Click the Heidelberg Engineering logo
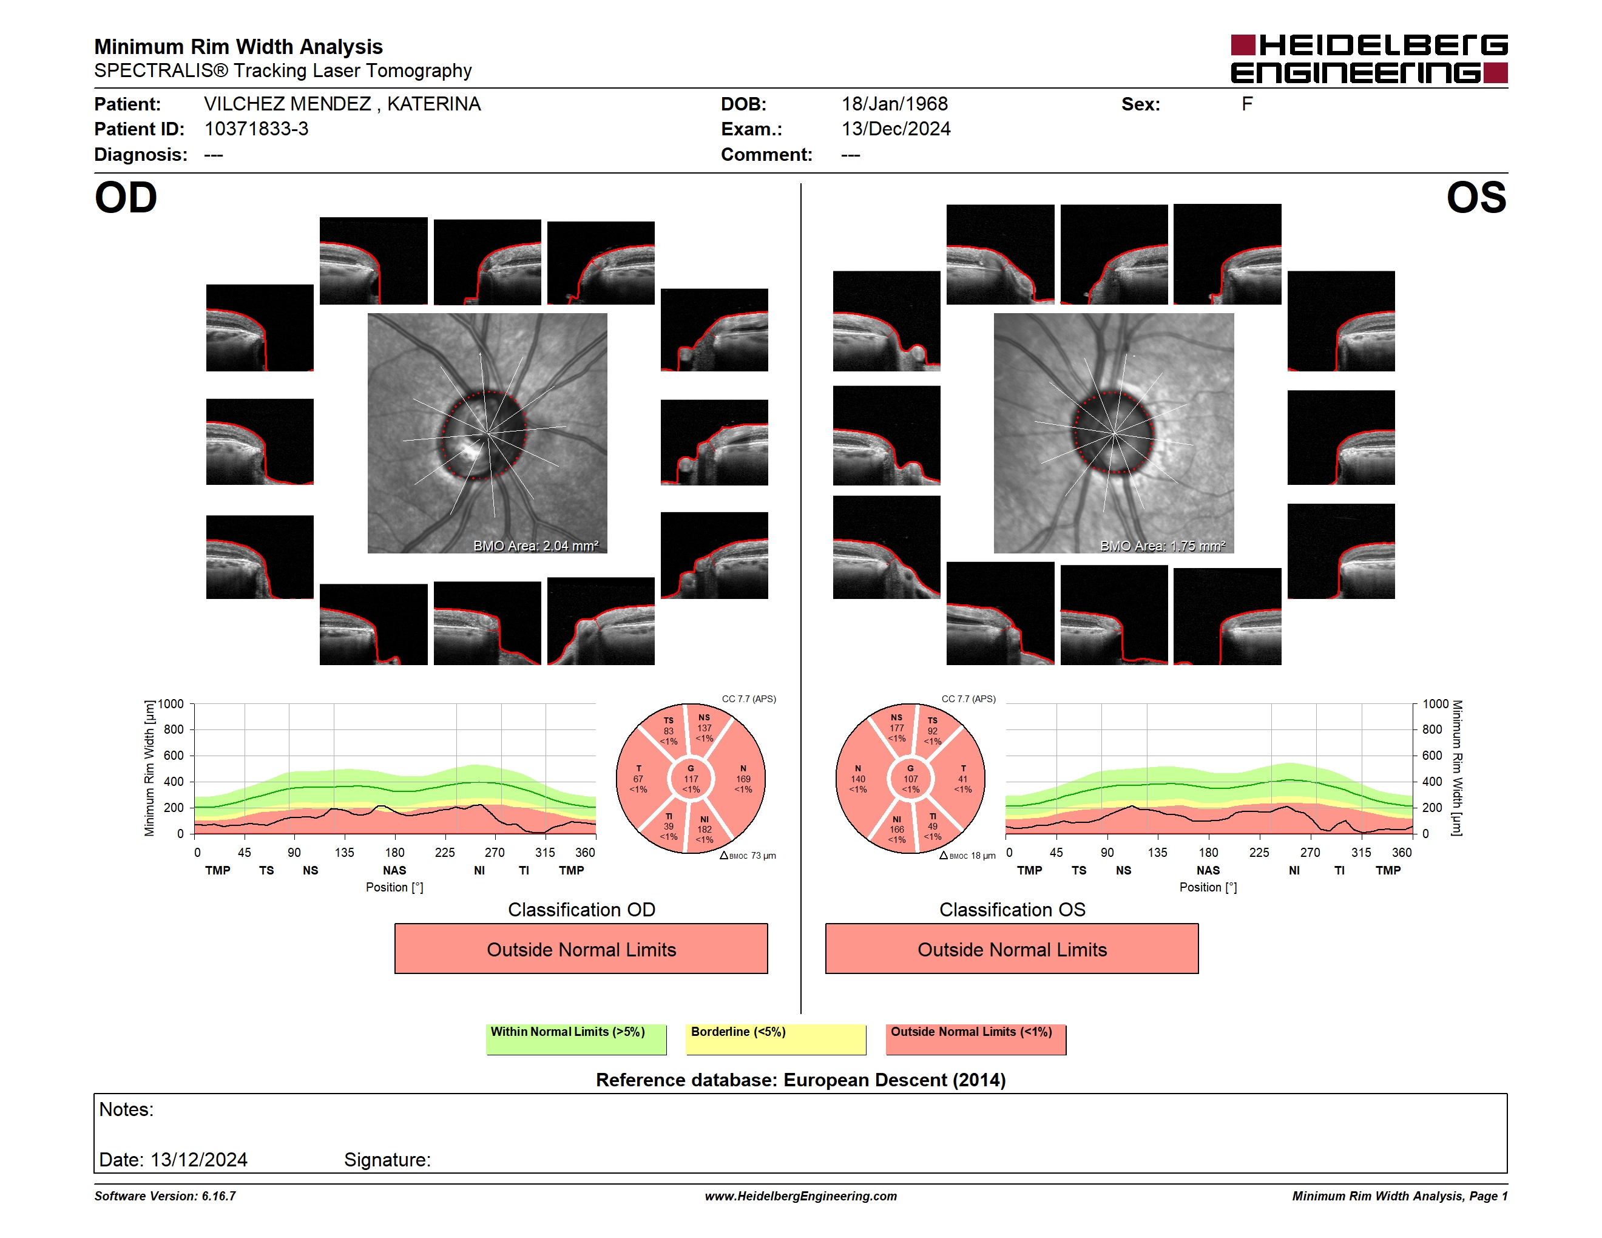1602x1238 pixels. pyautogui.click(x=1369, y=59)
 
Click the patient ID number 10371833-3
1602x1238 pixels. pyautogui.click(x=256, y=129)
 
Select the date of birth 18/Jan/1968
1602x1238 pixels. pyautogui.click(x=894, y=104)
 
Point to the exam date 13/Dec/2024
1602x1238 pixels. pyautogui.click(x=896, y=129)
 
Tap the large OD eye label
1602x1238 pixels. pyautogui.click(x=126, y=198)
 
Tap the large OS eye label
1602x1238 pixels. pyautogui.click(x=1476, y=198)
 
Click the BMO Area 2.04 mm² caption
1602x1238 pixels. pyautogui.click(x=535, y=546)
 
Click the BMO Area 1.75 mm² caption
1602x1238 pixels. pyautogui.click(x=1163, y=546)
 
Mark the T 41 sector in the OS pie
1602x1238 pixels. pyautogui.click(x=962, y=779)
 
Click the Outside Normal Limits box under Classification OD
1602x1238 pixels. pyautogui.click(x=581, y=949)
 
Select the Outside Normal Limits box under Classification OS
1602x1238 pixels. pyautogui.click(x=1012, y=949)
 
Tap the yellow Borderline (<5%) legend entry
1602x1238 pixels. pyautogui.click(x=776, y=1039)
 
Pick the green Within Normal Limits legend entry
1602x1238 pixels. pyautogui.click(x=576, y=1039)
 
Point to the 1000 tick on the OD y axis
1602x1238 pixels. pyautogui.click(x=171, y=704)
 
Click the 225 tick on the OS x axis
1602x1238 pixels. pyautogui.click(x=1259, y=852)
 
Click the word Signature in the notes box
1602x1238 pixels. pyautogui.click(x=387, y=1160)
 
